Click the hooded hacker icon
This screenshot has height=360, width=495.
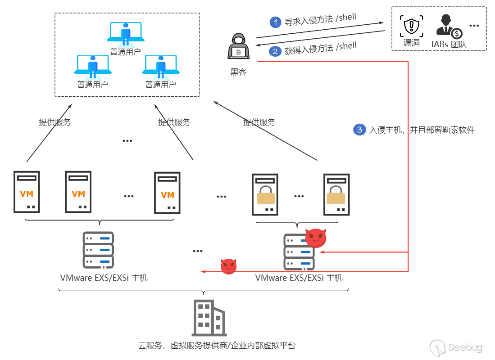(238, 47)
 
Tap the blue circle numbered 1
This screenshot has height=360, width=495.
(275, 22)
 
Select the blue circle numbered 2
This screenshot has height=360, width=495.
(275, 51)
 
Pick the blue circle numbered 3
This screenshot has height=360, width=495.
(359, 130)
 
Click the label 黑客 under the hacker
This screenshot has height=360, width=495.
(238, 72)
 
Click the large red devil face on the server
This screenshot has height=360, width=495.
(316, 237)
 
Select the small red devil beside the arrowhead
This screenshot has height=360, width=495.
(228, 266)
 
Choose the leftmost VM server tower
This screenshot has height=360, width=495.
(27, 192)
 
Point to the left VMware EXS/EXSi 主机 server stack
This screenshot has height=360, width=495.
(98, 250)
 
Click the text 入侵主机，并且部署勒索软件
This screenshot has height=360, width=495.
(422, 130)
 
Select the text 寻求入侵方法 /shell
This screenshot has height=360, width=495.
(320, 20)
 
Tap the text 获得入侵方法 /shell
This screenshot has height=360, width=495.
(320, 49)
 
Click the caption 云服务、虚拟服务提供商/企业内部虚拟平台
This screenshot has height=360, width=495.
(217, 346)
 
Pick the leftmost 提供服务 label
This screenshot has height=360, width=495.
(55, 122)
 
